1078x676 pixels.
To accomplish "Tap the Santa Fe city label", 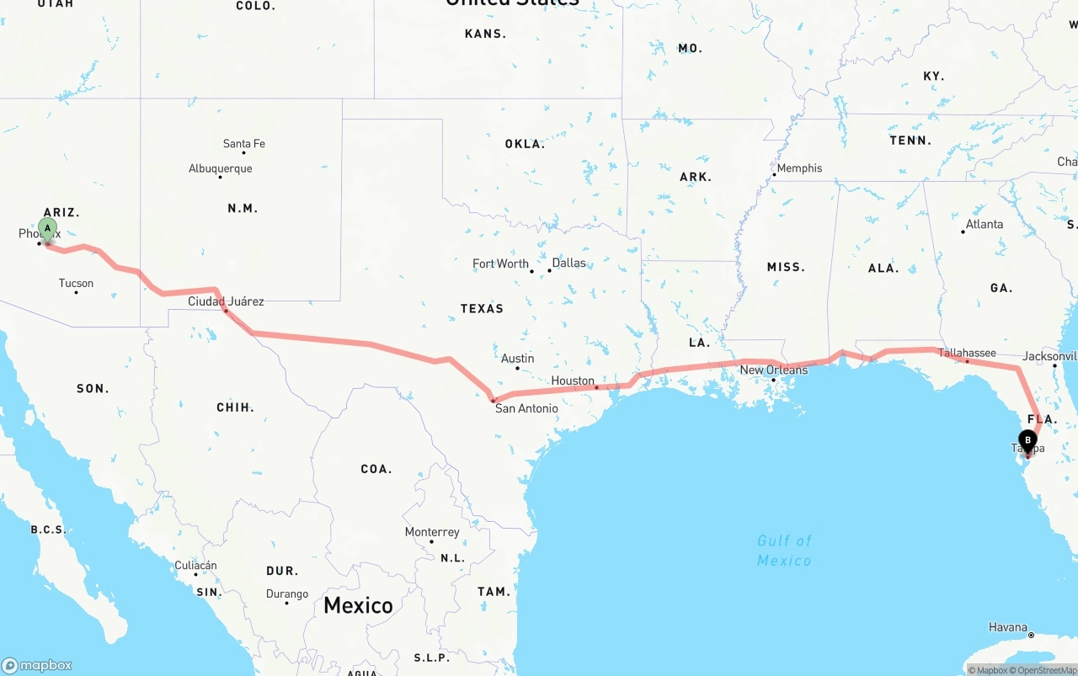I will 244,144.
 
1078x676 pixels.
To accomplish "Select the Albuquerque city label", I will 221,168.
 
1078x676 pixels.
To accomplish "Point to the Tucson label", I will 77,283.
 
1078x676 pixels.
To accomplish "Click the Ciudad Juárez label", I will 226,301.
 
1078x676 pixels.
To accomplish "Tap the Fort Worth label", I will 500,263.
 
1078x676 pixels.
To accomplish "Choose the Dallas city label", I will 568,263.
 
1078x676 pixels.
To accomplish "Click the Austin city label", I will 517,359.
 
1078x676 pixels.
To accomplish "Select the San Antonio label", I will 526,408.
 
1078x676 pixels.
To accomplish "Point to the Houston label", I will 573,381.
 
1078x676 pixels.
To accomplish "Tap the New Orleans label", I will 773,370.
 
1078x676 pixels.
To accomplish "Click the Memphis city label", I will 799,168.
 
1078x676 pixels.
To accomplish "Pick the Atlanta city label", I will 985,224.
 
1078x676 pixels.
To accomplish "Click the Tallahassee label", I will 967,354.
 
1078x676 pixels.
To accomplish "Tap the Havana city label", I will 1008,627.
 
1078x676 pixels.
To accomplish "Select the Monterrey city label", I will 432,532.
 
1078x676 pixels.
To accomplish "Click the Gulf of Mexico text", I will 784,551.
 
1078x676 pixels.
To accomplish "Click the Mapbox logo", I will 37,665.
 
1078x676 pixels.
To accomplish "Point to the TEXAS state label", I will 482,309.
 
